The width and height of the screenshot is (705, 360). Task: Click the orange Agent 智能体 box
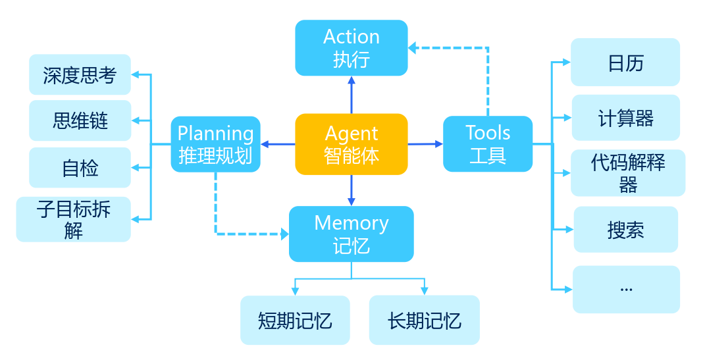352,144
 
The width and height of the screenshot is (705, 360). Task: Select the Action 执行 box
352,47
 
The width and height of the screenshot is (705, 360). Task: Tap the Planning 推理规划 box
215,144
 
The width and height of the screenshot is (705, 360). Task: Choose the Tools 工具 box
488,144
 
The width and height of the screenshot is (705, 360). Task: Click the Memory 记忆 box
352,234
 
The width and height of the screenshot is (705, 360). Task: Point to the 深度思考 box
80,74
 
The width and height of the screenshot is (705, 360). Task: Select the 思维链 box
80,120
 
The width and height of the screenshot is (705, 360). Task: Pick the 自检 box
80,168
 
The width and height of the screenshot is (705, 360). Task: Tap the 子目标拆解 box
74,219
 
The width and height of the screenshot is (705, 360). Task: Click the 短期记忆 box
295,321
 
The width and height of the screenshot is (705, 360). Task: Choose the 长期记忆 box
424,321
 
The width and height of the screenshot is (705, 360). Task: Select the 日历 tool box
625,63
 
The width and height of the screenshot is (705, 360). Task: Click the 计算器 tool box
625,118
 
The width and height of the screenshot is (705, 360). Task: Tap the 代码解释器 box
628,173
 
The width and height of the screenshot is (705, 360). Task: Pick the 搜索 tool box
625,230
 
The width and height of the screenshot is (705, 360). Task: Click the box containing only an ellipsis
625,289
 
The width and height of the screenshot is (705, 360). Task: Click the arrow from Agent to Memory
352,190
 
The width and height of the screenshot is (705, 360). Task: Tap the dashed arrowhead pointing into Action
413,47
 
